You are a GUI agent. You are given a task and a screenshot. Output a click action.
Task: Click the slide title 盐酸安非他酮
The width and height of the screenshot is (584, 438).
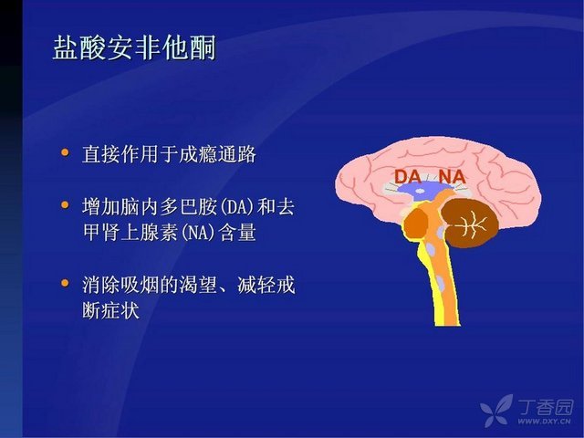click(x=134, y=47)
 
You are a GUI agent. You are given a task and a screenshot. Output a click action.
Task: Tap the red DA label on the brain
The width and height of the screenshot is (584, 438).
click(x=408, y=176)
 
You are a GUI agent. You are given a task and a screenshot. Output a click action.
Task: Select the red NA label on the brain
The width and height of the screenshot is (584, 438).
click(x=453, y=176)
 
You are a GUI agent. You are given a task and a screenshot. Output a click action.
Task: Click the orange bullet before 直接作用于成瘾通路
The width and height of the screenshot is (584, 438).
click(x=65, y=152)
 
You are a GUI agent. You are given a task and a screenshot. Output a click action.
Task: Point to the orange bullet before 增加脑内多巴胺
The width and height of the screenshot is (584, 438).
click(x=65, y=204)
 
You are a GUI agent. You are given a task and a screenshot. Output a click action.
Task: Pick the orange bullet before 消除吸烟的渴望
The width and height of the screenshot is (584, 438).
click(x=65, y=283)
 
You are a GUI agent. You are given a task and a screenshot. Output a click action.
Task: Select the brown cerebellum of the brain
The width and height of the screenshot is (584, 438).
click(x=470, y=223)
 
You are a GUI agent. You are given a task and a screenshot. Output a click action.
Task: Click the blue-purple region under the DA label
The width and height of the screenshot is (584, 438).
click(x=420, y=191)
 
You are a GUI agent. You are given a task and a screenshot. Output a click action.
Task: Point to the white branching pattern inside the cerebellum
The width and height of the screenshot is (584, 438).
click(x=472, y=224)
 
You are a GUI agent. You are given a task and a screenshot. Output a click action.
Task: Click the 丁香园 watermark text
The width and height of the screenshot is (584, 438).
click(x=546, y=407)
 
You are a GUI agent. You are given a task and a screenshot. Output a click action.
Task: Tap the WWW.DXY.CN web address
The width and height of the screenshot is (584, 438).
click(x=544, y=422)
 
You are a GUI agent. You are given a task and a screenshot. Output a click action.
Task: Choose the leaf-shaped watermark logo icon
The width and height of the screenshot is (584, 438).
click(x=496, y=411)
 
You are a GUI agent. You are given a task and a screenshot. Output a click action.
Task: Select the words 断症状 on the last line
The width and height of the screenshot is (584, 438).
click(x=111, y=309)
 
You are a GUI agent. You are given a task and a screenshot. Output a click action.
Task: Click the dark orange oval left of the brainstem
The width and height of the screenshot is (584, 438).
click(x=416, y=223)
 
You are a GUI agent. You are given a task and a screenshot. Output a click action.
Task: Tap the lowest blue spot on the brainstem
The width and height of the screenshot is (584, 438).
click(x=441, y=284)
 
